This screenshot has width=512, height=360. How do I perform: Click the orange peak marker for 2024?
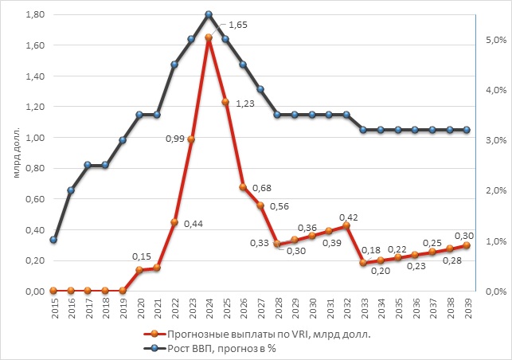click(x=209, y=37)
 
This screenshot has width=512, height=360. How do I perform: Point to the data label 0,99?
click(x=175, y=139)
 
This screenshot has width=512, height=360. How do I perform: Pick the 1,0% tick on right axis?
click(x=495, y=241)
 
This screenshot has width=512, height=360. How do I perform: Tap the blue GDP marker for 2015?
click(x=54, y=240)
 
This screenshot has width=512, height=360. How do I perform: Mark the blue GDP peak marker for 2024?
click(x=209, y=14)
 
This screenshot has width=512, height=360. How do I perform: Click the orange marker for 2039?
click(x=467, y=245)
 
